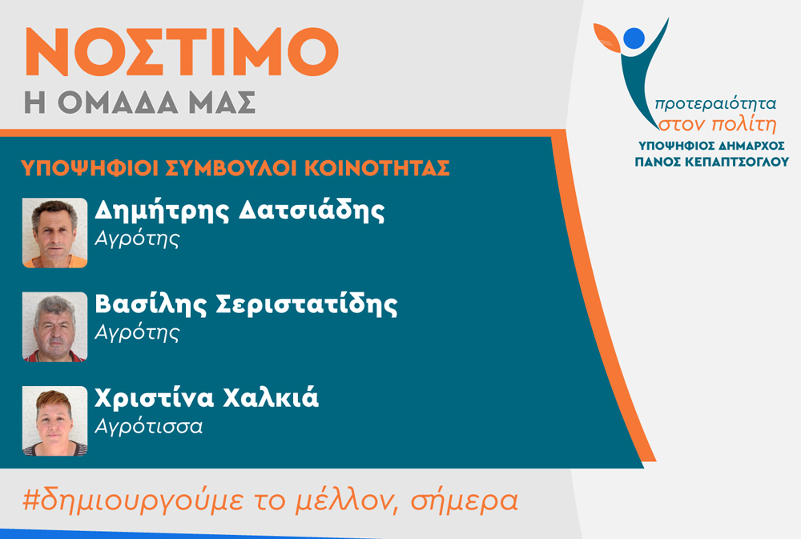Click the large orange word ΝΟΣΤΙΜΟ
pos(182,52)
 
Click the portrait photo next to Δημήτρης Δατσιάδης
pos(54,233)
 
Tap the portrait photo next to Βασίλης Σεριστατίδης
pos(54,327)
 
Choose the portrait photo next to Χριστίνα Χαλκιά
pos(54,421)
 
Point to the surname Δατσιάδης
pos(312,211)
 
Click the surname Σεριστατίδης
pos(307,304)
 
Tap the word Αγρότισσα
pos(149,425)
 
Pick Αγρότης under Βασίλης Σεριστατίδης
pos(138,333)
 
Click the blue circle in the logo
pos(634,38)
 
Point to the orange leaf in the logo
pos(607,38)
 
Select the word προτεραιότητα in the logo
pos(715,103)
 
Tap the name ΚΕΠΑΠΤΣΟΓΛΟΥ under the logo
pos(736,162)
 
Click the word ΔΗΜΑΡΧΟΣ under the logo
pos(751,146)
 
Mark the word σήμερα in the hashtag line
pos(465,500)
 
